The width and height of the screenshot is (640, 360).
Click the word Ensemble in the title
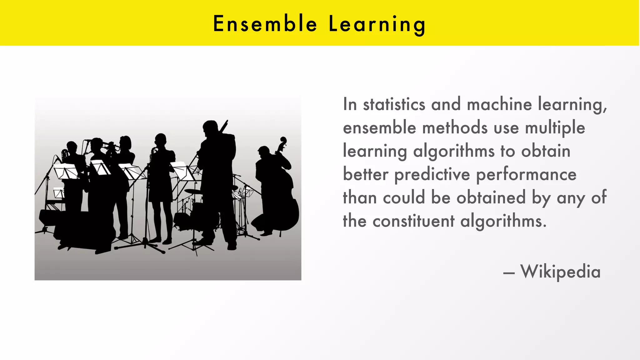coord(265,24)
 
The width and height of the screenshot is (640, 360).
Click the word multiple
coord(555,128)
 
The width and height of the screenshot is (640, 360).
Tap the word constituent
coord(413,221)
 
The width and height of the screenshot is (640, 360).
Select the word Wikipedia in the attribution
coord(560,271)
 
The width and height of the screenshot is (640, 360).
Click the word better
coord(365,174)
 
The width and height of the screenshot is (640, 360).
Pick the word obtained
coord(491,197)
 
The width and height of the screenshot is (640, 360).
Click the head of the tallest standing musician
coord(210,127)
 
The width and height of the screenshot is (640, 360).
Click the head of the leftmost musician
coord(72,147)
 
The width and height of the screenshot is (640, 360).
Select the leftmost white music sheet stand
coord(66,172)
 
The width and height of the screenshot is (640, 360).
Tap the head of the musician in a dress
coord(161,140)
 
